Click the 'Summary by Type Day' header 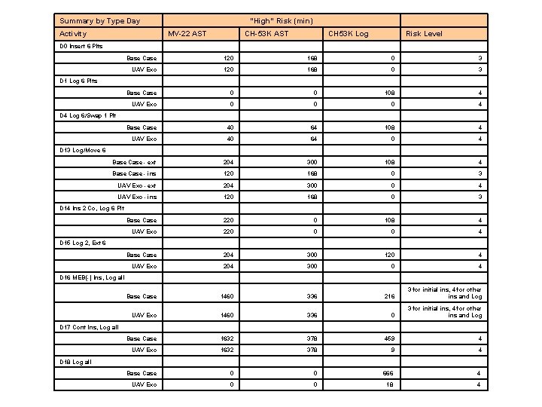click(99, 20)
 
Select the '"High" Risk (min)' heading click(281, 20)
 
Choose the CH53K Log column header click(348, 34)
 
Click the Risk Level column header click(424, 34)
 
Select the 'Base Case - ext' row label click(135, 162)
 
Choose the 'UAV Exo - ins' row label click(137, 197)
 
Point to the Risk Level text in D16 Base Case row click(444, 293)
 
